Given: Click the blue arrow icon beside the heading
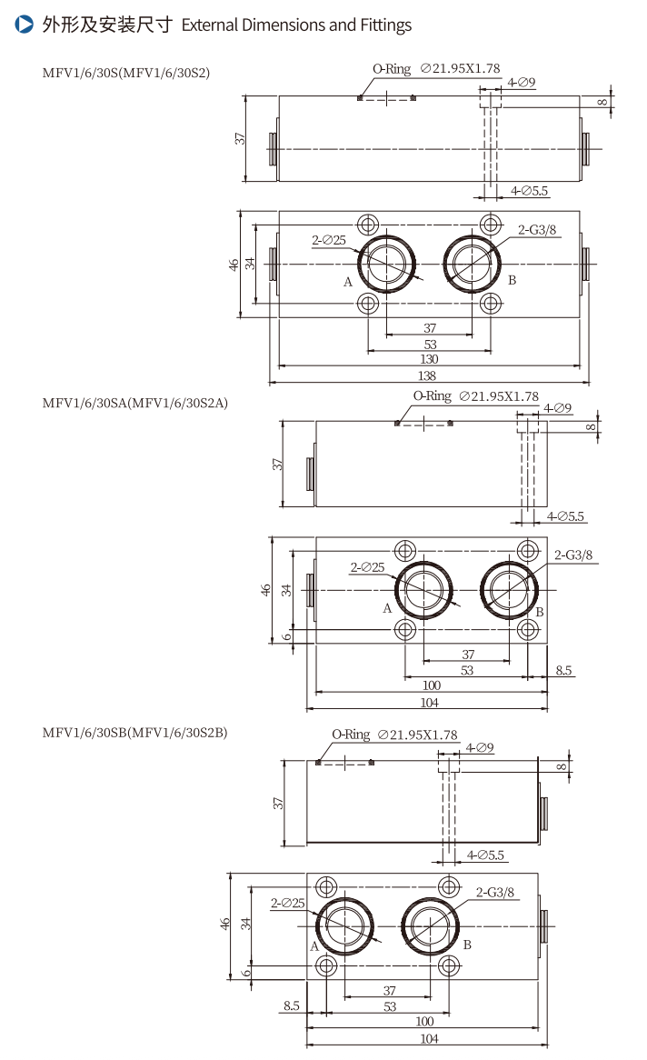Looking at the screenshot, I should click(x=25, y=25).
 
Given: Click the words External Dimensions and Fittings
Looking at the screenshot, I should click(x=296, y=25).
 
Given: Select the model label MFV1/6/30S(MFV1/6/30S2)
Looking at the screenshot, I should click(x=125, y=73).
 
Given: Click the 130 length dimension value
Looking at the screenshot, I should click(x=428, y=360).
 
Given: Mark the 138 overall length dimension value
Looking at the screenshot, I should click(x=428, y=375).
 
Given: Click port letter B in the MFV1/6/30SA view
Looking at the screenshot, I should click(x=539, y=612).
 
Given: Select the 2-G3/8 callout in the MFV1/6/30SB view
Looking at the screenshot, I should click(x=494, y=892).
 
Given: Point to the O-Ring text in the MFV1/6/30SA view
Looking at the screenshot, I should click(x=432, y=395).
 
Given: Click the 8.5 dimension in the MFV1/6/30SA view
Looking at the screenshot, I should click(x=563, y=671).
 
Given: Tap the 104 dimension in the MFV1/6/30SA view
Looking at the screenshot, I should click(x=430, y=703).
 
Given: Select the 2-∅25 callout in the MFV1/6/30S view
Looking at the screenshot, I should click(x=329, y=240).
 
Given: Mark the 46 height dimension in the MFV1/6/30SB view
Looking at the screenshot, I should click(x=224, y=924).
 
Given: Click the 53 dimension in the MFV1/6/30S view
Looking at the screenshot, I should click(x=430, y=344).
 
